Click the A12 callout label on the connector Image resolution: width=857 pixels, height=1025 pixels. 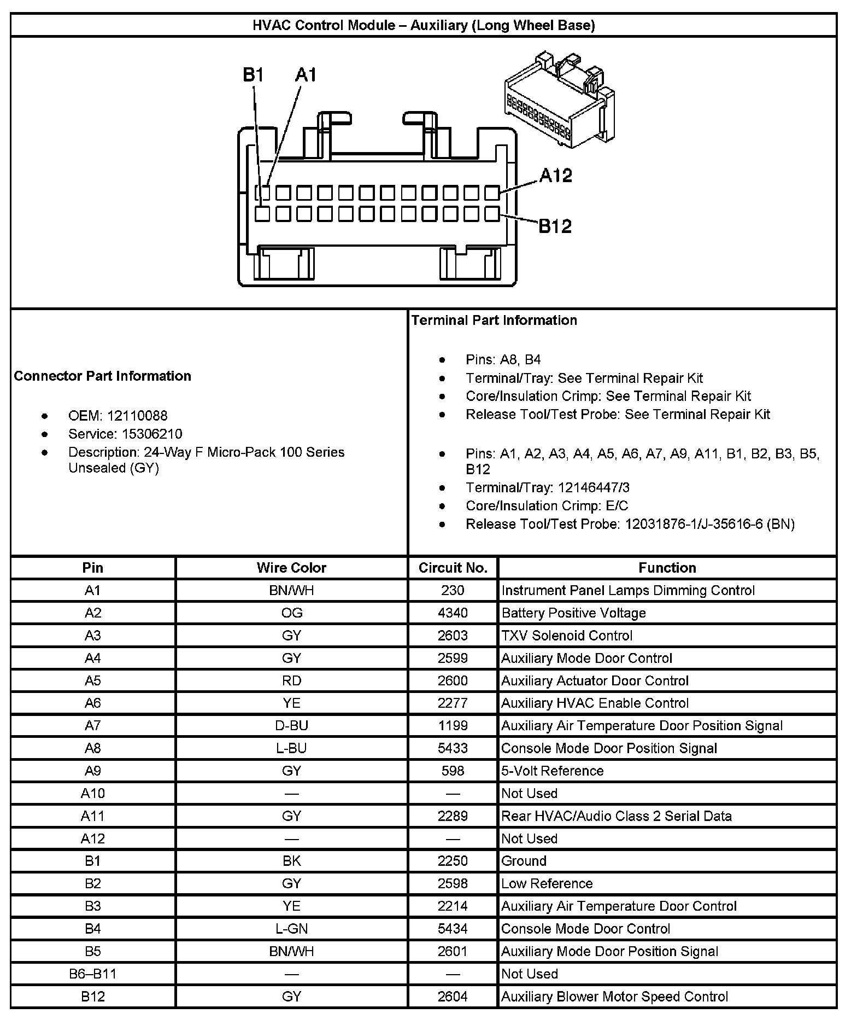[555, 176]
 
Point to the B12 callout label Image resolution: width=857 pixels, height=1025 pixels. [555, 226]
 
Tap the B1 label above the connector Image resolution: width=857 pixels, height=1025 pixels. [254, 75]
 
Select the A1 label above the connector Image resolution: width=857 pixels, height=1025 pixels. [306, 75]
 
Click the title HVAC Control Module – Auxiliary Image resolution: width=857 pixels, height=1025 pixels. [424, 25]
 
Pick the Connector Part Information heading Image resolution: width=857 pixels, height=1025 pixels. [103, 376]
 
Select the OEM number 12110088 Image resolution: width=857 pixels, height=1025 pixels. [137, 416]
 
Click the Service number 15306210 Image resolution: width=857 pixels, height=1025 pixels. [152, 434]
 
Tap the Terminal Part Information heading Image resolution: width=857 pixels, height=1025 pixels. [494, 320]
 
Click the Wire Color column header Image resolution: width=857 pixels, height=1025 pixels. [291, 568]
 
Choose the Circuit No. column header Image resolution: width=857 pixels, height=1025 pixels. [453, 568]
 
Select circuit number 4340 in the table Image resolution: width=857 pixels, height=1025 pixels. [453, 613]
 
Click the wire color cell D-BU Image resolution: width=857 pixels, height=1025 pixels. [291, 725]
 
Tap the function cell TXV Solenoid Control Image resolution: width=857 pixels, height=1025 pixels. [567, 636]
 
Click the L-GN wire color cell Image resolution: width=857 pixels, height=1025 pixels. [291, 929]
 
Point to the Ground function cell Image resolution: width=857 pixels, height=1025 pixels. [524, 861]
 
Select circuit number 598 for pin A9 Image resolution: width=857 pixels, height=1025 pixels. [453, 771]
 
